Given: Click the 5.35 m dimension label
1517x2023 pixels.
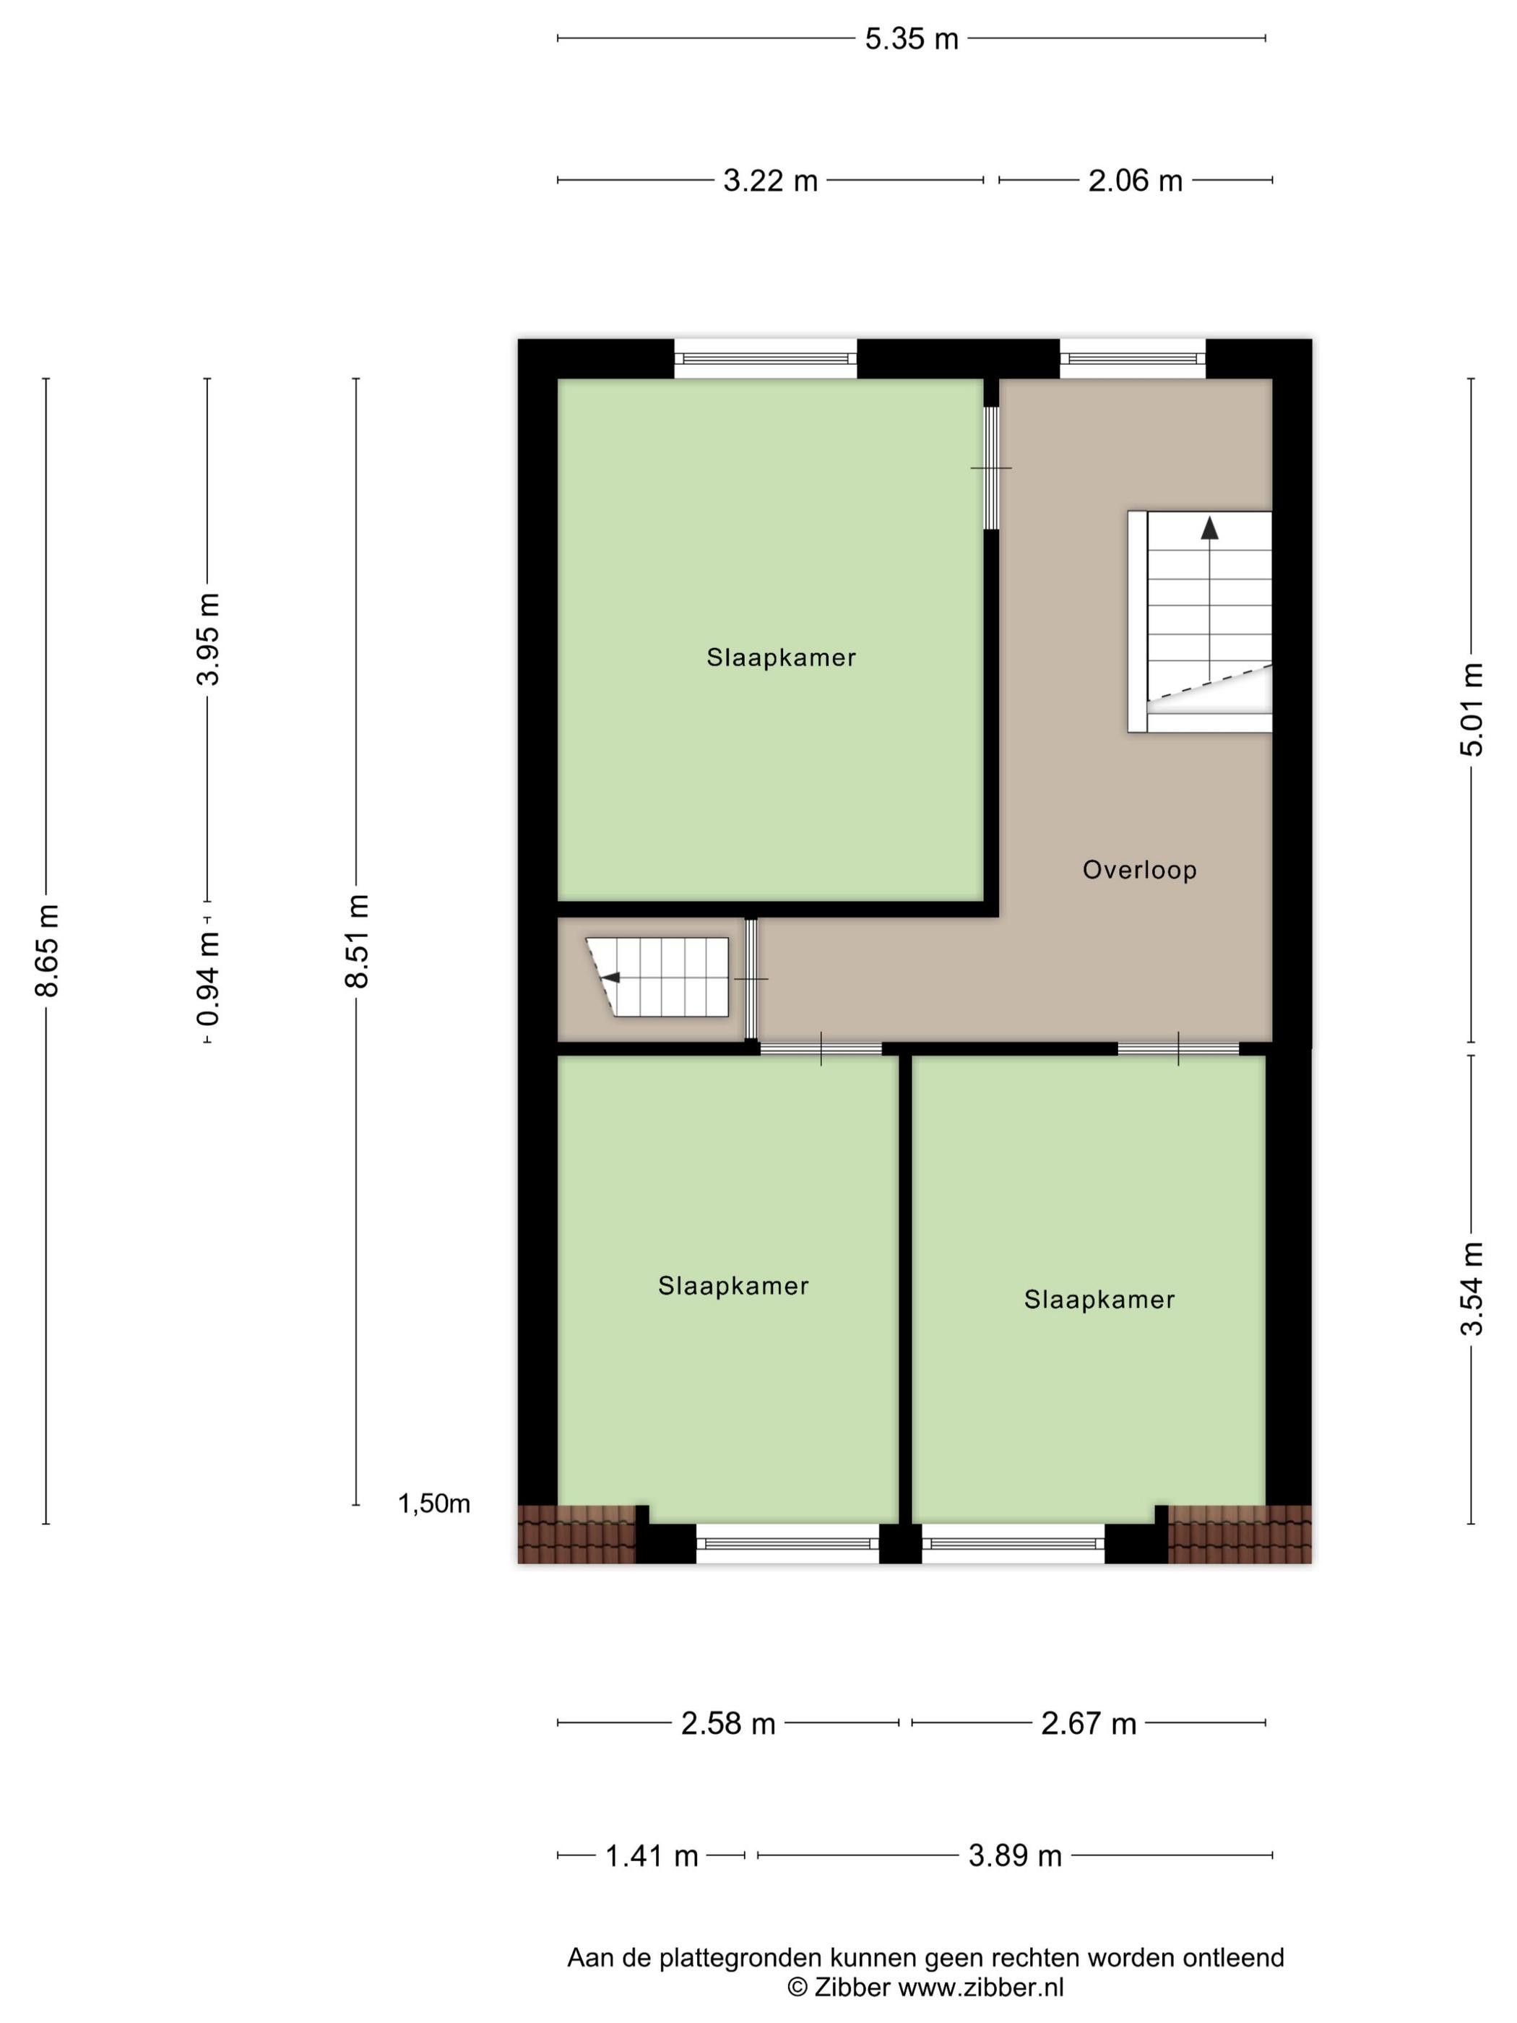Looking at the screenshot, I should pyautogui.click(x=911, y=39).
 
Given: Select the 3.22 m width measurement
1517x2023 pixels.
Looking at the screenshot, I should pyautogui.click(x=770, y=181).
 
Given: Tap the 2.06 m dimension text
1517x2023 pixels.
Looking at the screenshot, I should pyautogui.click(x=1135, y=181).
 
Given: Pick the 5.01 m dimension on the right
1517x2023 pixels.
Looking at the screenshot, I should pyautogui.click(x=1471, y=709).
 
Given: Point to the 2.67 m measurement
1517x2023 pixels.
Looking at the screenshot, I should pyautogui.click(x=1088, y=1724).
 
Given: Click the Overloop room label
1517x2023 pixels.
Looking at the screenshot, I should pyautogui.click(x=1139, y=870).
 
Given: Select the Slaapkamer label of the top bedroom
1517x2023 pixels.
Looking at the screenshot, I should pyautogui.click(x=781, y=657).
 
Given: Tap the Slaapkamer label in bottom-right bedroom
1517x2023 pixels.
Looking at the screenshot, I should pyautogui.click(x=1098, y=1300).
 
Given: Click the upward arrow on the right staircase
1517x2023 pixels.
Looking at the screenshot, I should pyautogui.click(x=1210, y=529).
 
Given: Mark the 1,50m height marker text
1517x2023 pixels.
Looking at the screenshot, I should pyautogui.click(x=433, y=1504).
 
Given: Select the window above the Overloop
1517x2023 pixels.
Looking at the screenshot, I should pyautogui.click(x=1132, y=358).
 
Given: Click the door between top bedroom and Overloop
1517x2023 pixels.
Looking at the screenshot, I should pyautogui.click(x=991, y=467).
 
